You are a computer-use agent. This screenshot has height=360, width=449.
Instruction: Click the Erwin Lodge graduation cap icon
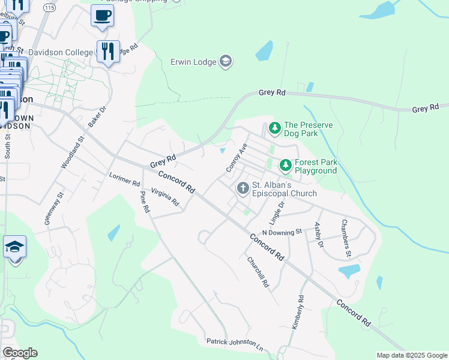pos(226,62)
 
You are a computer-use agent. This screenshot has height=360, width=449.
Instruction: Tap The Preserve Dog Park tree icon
pos(274,128)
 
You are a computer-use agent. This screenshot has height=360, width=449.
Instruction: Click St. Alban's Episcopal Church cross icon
pos(243,188)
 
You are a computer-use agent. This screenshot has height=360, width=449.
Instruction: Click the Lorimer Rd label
pos(124,179)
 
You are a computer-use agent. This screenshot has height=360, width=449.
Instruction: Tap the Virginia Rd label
pos(165,197)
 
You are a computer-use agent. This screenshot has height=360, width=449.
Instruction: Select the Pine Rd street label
pos(144,203)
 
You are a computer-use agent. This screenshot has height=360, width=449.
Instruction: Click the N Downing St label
pos(282,232)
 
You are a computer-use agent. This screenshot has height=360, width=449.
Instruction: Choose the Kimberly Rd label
pos(297,311)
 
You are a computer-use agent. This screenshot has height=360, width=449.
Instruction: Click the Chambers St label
pos(346,238)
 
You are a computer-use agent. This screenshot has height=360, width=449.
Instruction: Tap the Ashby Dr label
pos(319,235)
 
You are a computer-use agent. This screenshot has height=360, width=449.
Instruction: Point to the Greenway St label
pos(53,208)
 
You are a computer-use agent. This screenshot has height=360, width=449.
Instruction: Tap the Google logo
pos(20,353)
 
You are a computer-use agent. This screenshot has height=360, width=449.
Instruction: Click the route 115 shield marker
pos(50,7)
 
